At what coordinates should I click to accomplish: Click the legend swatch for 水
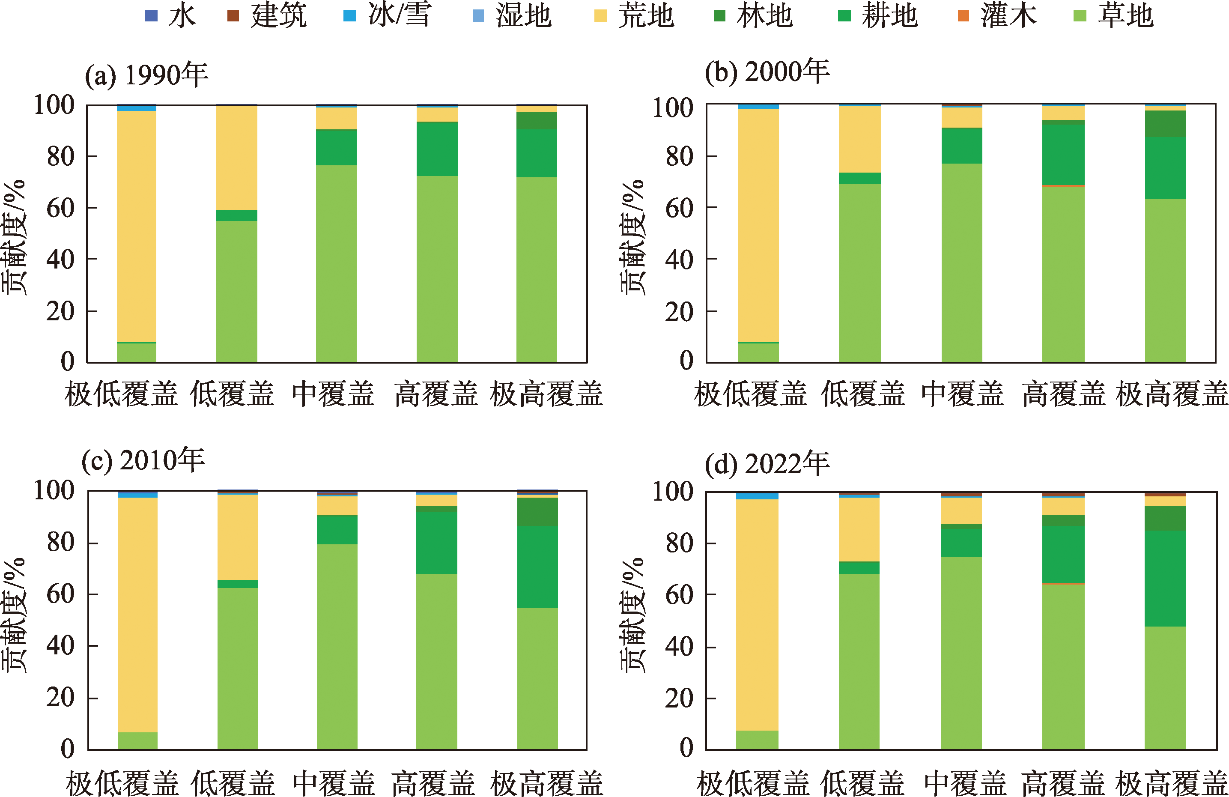(x=151, y=15)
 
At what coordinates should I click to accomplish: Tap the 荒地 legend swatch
(x=600, y=15)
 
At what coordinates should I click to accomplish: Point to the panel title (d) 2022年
(x=767, y=463)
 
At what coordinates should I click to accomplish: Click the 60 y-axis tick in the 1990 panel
(x=60, y=208)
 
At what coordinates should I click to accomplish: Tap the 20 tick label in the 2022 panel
(x=679, y=698)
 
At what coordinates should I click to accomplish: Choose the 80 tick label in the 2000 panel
(x=679, y=156)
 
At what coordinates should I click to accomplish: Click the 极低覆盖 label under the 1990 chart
(x=121, y=394)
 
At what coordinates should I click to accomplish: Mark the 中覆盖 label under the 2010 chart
(x=334, y=783)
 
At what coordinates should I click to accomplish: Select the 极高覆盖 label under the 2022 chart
(x=1171, y=783)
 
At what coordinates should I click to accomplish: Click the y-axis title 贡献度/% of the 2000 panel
(x=633, y=238)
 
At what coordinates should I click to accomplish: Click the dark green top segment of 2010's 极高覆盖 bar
(x=537, y=511)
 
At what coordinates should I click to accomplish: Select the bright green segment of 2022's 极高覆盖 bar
(x=1165, y=579)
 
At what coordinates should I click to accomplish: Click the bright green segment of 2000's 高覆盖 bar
(x=1063, y=154)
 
